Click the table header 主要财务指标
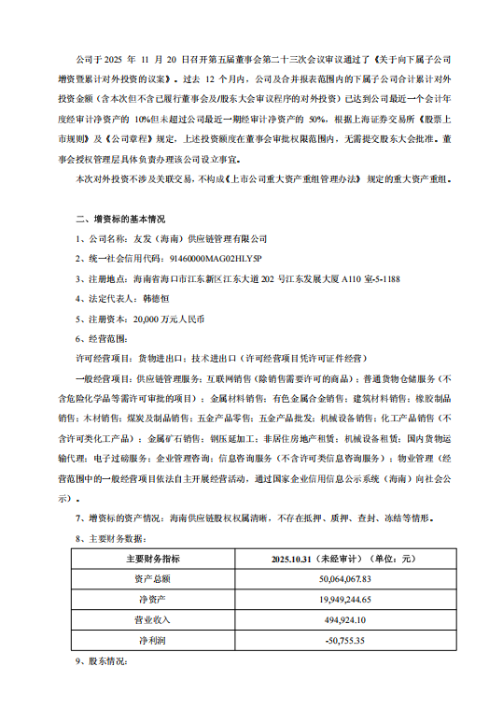153,559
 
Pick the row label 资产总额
153,579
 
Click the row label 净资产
153,600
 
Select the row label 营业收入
153,620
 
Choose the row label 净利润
153,641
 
